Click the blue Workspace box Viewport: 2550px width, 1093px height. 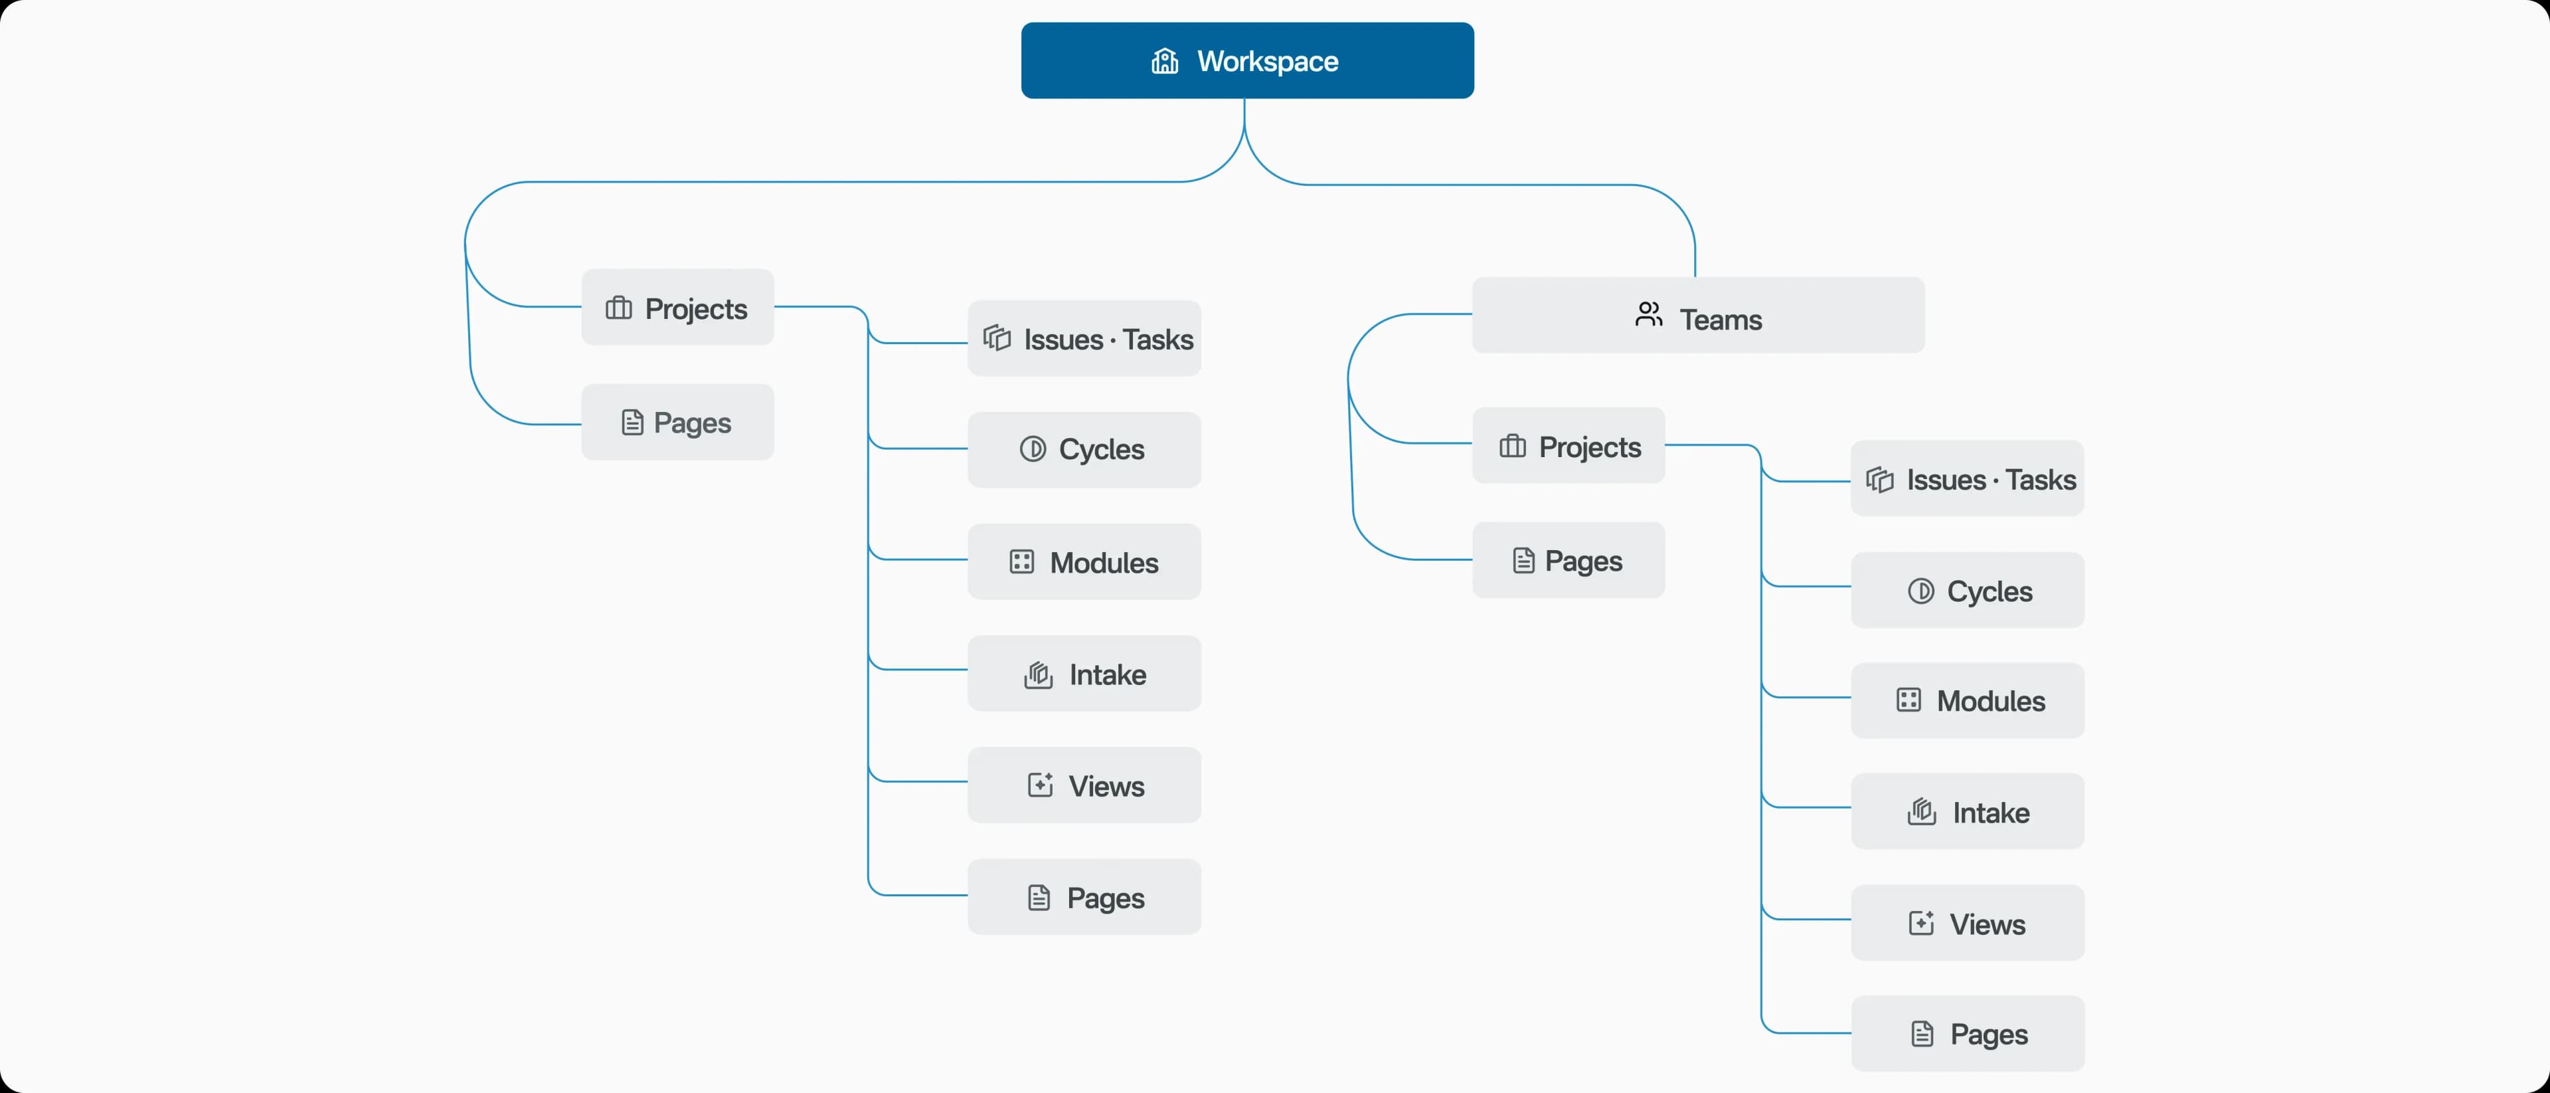coord(1246,60)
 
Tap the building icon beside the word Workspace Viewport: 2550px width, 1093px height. coord(1164,61)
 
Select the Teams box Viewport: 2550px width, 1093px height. coord(1698,316)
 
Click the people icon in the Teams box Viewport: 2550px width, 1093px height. coord(1648,315)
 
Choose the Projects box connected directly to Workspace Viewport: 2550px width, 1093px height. coord(677,308)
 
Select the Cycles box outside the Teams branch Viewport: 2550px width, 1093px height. coord(1084,449)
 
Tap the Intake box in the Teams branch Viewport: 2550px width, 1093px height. coord(1967,812)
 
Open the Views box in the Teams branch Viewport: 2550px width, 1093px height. coord(1967,923)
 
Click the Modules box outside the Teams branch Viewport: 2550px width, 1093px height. coord(1084,561)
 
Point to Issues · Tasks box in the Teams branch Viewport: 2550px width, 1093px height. coord(1967,479)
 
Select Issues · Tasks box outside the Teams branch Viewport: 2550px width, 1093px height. coord(1084,339)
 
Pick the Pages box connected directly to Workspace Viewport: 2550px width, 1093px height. coord(677,422)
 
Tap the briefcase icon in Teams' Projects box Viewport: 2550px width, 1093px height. coord(1513,447)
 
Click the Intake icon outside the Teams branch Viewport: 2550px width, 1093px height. coord(1037,675)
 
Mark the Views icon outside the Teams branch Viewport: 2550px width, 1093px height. coord(1039,785)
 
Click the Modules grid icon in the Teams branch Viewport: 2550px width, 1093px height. coord(1909,700)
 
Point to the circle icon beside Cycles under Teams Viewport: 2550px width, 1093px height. coord(1920,591)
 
